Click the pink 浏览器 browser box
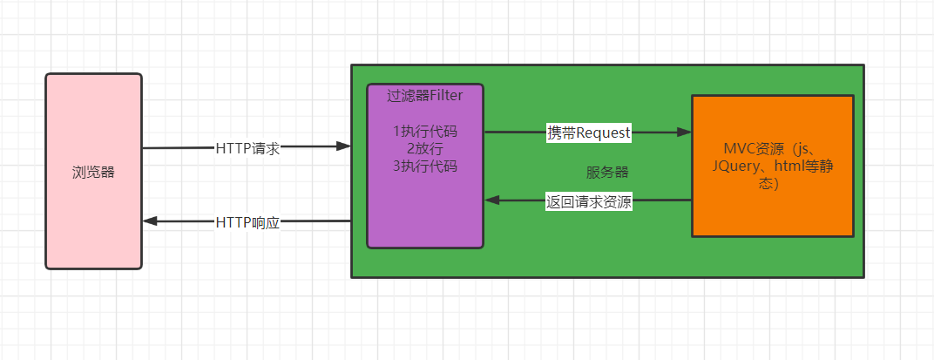click(93, 172)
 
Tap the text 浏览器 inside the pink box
click(93, 173)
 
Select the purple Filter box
click(425, 166)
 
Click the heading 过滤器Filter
click(424, 95)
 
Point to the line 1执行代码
click(425, 131)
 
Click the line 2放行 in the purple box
click(424, 149)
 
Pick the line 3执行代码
click(425, 166)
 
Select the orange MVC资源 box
click(773, 166)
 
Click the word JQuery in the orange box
click(735, 167)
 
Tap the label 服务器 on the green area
click(607, 173)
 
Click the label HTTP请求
click(247, 149)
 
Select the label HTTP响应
click(247, 223)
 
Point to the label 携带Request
click(589, 132)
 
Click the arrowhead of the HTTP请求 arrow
click(343, 146)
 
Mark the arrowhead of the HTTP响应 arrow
click(150, 221)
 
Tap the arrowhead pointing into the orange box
click(684, 132)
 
